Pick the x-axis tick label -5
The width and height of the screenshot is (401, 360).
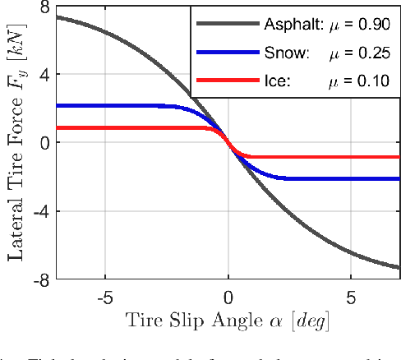coord(104,296)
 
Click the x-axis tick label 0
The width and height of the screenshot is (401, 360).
coord(228,296)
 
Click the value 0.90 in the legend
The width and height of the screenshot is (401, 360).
coord(374,25)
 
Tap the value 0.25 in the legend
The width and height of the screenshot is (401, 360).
coord(374,53)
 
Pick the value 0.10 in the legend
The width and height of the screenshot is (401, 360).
coord(374,81)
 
